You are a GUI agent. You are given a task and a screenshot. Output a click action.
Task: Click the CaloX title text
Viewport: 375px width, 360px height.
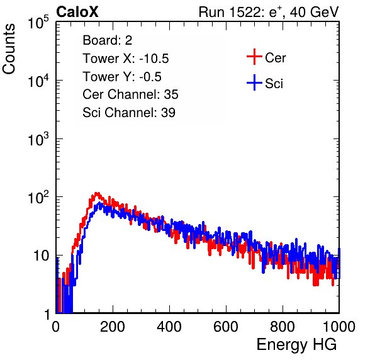77,12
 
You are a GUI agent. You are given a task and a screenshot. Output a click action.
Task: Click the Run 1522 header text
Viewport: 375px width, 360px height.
269,12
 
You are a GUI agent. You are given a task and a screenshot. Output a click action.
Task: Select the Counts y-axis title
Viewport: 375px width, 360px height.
9,49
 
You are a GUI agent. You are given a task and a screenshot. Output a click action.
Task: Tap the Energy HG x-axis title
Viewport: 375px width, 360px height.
296,344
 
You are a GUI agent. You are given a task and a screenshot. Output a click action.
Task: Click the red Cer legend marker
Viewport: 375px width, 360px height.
254,57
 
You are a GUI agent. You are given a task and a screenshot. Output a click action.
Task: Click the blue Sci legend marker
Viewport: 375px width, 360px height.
254,82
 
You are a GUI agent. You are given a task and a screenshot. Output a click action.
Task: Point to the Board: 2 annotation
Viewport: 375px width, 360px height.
108,40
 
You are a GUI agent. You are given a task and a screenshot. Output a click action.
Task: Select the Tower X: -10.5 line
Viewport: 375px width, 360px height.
126,59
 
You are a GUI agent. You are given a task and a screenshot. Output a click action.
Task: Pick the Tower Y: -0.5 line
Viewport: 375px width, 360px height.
122,77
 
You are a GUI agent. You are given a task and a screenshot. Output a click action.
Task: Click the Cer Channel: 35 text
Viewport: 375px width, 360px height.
130,94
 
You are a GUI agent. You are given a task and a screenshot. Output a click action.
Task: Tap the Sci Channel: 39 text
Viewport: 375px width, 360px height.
129,113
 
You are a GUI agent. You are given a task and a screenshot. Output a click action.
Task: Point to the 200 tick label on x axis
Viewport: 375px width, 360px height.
113,327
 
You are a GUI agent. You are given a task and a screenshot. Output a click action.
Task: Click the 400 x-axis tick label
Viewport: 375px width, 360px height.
169,327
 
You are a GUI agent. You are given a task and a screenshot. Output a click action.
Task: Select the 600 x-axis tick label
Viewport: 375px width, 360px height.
226,327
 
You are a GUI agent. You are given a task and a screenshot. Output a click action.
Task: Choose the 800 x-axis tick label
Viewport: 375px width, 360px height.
283,327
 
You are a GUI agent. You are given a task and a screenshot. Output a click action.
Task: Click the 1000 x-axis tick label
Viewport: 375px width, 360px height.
339,327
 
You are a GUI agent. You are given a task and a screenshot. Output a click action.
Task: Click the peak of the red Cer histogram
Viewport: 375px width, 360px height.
97,193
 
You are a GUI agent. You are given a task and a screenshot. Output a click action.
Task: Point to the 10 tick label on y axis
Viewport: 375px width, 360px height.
41,256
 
